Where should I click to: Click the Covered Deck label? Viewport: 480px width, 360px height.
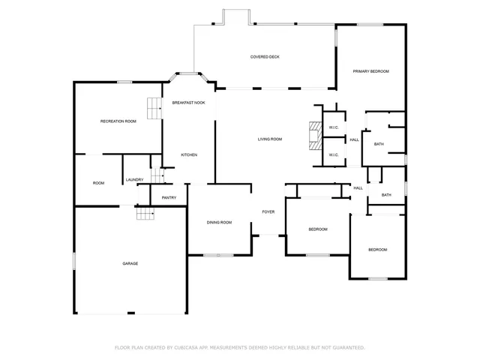(x=265, y=57)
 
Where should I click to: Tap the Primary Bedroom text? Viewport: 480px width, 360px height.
(x=371, y=71)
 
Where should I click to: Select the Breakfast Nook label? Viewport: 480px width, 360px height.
(x=188, y=102)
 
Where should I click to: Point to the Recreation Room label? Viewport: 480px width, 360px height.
(x=118, y=121)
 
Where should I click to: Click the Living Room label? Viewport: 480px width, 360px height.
(x=270, y=139)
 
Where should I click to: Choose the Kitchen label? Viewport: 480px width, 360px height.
(x=189, y=154)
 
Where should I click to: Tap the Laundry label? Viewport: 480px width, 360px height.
(x=135, y=179)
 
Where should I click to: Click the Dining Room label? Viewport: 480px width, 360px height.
(x=219, y=223)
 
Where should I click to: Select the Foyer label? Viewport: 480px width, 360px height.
(x=268, y=212)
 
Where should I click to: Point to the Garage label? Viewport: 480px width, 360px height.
(x=130, y=263)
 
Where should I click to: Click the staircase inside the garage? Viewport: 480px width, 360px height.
(x=145, y=213)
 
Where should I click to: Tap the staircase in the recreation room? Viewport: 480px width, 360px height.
(x=154, y=108)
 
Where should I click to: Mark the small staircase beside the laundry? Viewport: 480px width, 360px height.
(x=157, y=175)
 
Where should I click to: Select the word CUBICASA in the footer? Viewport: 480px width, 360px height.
(x=187, y=347)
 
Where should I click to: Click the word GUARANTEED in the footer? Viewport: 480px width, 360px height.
(x=346, y=347)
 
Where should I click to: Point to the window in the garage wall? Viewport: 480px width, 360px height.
(x=73, y=259)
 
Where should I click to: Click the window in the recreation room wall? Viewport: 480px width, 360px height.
(x=124, y=81)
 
